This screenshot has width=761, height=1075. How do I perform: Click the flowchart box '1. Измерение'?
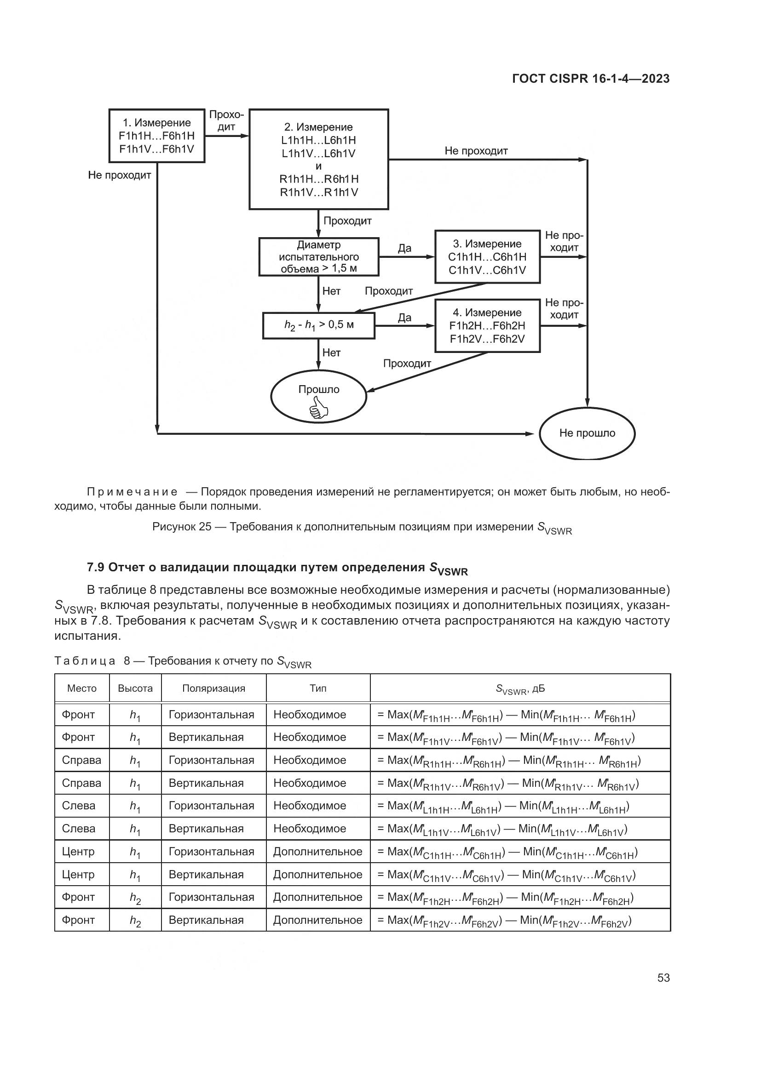[156, 136]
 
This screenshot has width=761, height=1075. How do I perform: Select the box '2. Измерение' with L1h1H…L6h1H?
[319, 159]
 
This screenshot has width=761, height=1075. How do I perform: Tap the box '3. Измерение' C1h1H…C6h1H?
[487, 256]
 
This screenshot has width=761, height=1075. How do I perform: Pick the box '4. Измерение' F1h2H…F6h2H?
[487, 325]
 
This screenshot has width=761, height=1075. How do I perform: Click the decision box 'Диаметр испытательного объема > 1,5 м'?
[319, 256]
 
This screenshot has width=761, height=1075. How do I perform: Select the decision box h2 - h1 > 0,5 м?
[319, 325]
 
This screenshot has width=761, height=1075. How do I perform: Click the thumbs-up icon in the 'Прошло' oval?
[319, 407]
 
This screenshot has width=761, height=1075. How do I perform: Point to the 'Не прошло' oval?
[587, 433]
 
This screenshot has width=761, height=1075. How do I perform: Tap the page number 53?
[663, 978]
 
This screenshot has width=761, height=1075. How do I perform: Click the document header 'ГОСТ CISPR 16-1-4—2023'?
[591, 79]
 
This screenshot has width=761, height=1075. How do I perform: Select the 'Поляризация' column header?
[213, 688]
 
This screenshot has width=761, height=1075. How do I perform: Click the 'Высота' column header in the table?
[135, 688]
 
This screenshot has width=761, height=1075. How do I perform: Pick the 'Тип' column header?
[318, 688]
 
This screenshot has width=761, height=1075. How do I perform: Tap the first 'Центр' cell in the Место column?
[78, 851]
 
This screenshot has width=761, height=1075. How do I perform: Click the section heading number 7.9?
[96, 568]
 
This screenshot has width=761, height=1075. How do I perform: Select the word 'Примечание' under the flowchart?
[132, 492]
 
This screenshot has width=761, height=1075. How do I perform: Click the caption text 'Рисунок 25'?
[182, 527]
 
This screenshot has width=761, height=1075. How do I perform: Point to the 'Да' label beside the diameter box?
[404, 248]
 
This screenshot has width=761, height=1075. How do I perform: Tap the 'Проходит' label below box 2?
[347, 221]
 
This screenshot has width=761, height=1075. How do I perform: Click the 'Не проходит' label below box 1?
[120, 176]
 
